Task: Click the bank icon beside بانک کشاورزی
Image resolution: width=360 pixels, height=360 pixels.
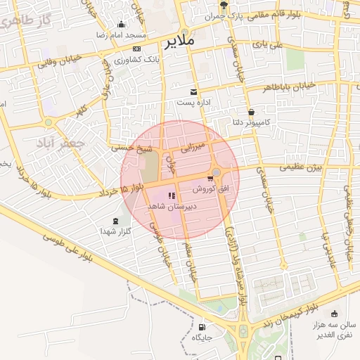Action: click(136, 49)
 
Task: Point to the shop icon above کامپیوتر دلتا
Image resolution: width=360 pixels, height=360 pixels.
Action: click(251, 112)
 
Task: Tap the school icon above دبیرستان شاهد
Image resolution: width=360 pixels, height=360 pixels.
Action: click(172, 196)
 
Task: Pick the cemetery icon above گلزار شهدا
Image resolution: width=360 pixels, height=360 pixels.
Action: click(115, 221)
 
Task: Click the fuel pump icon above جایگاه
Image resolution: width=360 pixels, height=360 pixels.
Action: click(202, 327)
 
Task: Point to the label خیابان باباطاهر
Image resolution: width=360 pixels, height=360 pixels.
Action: click(288, 88)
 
